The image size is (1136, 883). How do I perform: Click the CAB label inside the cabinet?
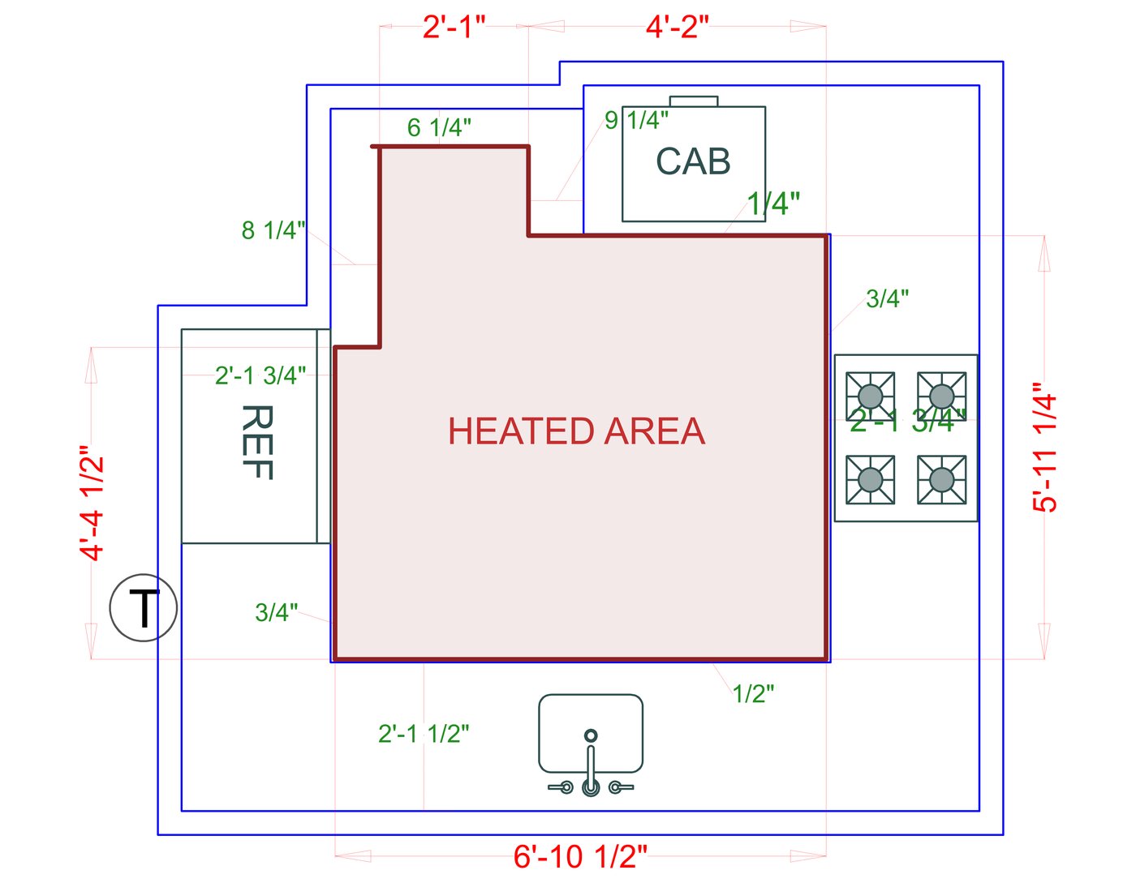pos(693,161)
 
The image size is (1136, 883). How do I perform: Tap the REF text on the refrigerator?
pos(256,443)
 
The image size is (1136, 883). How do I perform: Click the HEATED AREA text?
pos(576,431)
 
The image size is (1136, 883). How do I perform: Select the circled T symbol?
pos(144,608)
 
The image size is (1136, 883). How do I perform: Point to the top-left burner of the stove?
pos(870,396)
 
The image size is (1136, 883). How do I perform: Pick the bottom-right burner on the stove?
pos(941,480)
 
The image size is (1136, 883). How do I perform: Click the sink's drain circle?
pos(591,735)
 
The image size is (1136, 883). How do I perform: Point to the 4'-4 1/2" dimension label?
pos(93,503)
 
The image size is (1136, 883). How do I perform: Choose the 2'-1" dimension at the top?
pos(454,28)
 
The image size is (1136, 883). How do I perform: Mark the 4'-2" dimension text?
pos(677,28)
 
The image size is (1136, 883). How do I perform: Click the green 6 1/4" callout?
pos(439,128)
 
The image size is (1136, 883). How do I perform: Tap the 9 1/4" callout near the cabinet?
pos(636,121)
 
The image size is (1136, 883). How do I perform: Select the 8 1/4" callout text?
pos(273,230)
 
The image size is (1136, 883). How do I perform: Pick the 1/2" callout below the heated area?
pos(753,694)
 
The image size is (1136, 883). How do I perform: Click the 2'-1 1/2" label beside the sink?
pos(424,734)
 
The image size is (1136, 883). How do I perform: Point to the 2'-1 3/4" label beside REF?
pos(260,375)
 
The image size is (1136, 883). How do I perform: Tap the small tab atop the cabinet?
pos(694,101)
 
